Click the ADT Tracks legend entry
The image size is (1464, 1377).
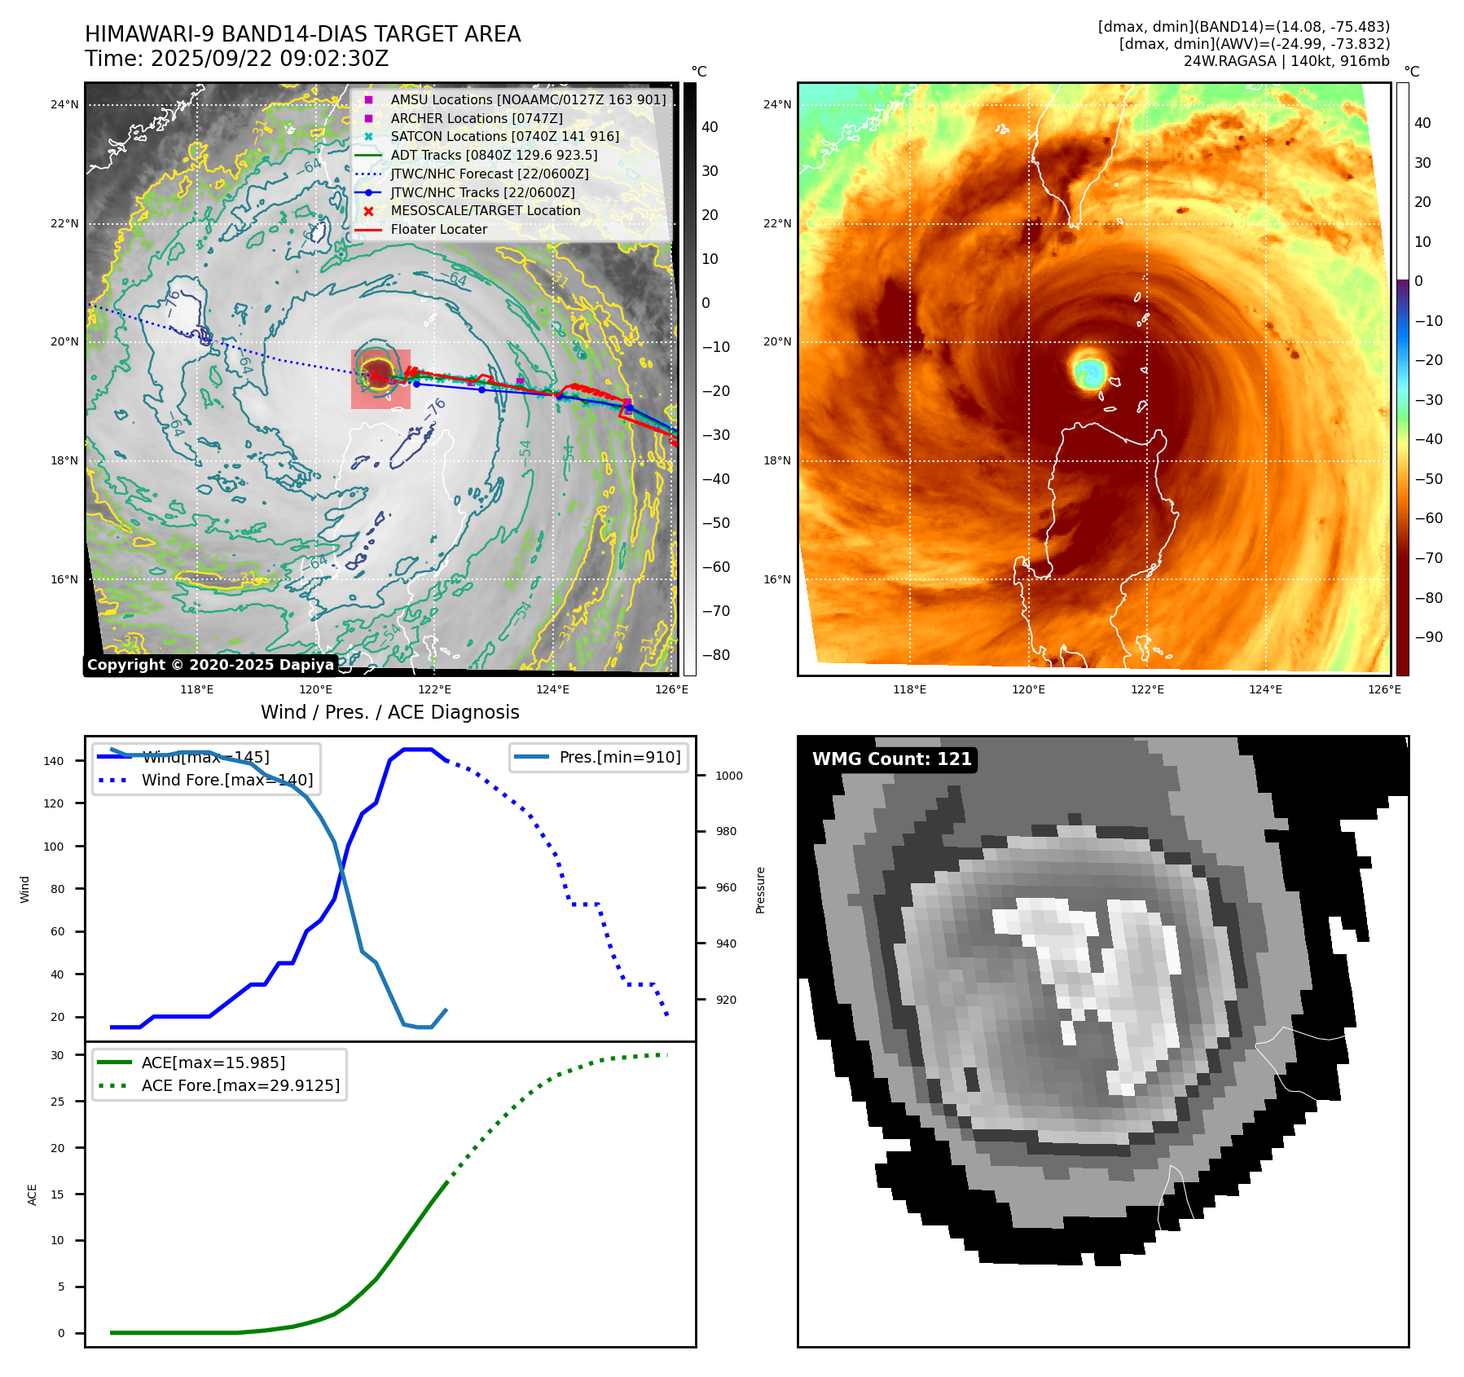494,155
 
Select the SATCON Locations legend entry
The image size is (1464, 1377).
504,136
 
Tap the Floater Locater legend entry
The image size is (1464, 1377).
438,229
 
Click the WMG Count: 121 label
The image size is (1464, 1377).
892,759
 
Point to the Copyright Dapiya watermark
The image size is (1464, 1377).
210,665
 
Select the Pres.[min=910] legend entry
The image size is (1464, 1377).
619,757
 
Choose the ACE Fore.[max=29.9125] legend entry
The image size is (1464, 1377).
240,1085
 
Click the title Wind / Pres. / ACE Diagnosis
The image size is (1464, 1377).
389,712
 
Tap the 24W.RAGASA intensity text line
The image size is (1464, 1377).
1286,61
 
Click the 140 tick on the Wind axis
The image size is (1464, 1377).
54,761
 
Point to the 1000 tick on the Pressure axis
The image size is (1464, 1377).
728,776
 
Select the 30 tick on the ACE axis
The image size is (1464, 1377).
58,1055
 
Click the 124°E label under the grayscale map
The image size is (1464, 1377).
552,690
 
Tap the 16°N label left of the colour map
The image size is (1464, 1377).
777,580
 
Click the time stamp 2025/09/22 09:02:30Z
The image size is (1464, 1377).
270,59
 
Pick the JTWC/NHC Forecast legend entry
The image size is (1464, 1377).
489,174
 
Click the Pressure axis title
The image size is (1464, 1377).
760,890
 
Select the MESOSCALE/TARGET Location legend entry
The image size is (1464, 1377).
485,210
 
